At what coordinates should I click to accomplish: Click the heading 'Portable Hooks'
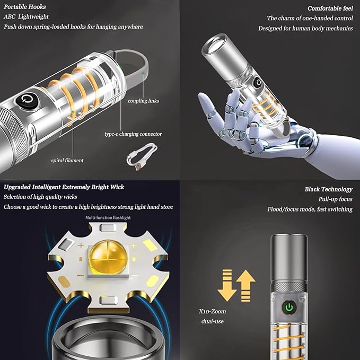tap(25, 7)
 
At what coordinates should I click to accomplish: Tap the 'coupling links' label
tap(143, 101)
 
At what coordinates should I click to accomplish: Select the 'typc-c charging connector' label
tap(133, 134)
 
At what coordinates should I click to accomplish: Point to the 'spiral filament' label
tap(67, 160)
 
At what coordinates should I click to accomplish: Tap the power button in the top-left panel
tap(28, 100)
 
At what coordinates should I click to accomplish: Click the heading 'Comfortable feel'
tap(330, 8)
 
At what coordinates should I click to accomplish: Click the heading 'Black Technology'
tap(328, 189)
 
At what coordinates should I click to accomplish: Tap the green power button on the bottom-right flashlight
tap(289, 306)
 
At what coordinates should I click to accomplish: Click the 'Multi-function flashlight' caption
tap(108, 217)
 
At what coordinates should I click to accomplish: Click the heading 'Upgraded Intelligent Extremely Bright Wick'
tap(64, 187)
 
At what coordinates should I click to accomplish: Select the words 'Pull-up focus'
tap(336, 199)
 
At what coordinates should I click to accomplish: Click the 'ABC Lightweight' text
tap(27, 17)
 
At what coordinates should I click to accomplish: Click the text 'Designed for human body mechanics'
tap(305, 28)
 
